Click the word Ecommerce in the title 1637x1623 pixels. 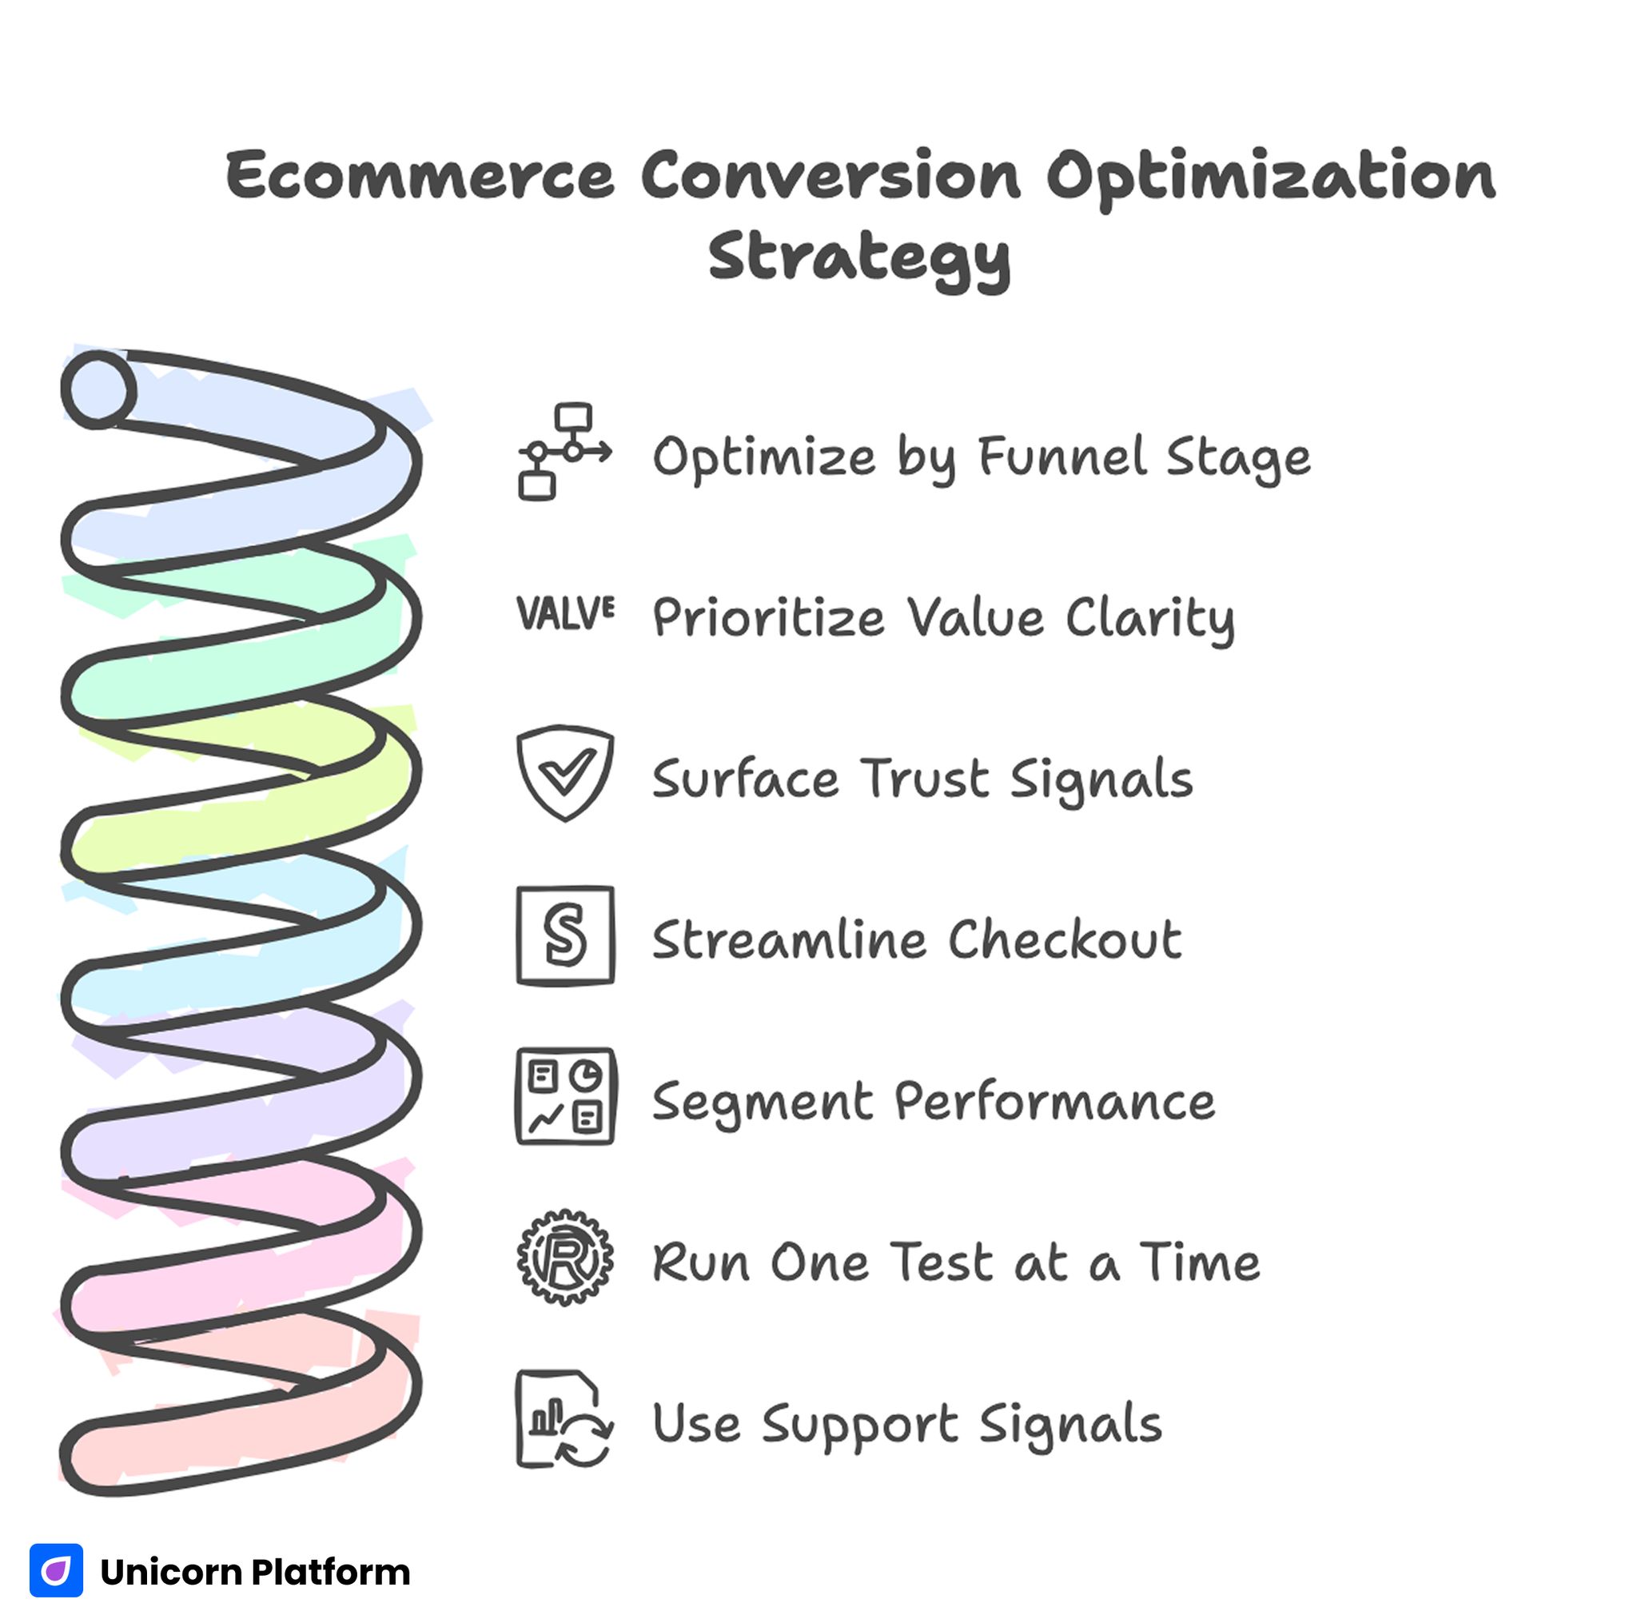click(x=420, y=175)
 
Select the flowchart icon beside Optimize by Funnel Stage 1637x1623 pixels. click(x=564, y=452)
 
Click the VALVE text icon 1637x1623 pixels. click(x=565, y=612)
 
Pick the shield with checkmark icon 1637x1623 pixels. click(x=565, y=773)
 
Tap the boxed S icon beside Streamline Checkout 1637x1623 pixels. click(x=565, y=935)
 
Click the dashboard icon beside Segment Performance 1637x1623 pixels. click(x=565, y=1097)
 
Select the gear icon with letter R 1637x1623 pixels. click(x=565, y=1258)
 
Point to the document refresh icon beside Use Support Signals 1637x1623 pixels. click(x=565, y=1419)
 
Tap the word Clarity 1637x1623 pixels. click(x=1149, y=619)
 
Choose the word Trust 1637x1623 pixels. click(x=926, y=778)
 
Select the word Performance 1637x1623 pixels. click(x=1054, y=1102)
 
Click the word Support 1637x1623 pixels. click(x=859, y=1426)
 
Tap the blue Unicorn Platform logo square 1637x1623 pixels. click(x=56, y=1570)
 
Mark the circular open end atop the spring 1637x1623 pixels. click(x=98, y=390)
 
